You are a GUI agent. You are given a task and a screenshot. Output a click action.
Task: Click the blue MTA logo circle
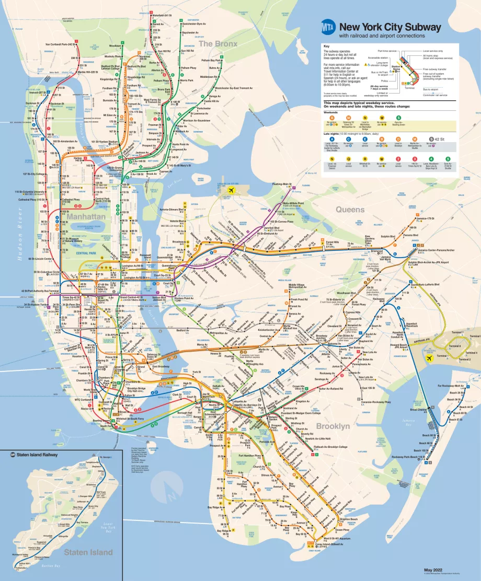click(328, 27)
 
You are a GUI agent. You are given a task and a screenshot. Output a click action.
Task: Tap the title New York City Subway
click(390, 27)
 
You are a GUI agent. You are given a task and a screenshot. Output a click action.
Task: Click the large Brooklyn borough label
click(333, 426)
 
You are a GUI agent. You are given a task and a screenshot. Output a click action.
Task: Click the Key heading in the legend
click(327, 46)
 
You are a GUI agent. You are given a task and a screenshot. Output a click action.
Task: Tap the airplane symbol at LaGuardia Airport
click(228, 191)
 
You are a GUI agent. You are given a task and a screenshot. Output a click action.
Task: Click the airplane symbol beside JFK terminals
click(430, 359)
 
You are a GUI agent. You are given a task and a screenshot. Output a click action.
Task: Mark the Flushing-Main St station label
click(280, 184)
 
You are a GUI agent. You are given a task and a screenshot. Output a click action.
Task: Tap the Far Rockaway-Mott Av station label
click(452, 386)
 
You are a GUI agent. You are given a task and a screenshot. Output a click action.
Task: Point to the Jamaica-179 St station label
click(423, 218)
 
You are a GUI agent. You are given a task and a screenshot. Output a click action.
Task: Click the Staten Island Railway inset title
click(37, 455)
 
